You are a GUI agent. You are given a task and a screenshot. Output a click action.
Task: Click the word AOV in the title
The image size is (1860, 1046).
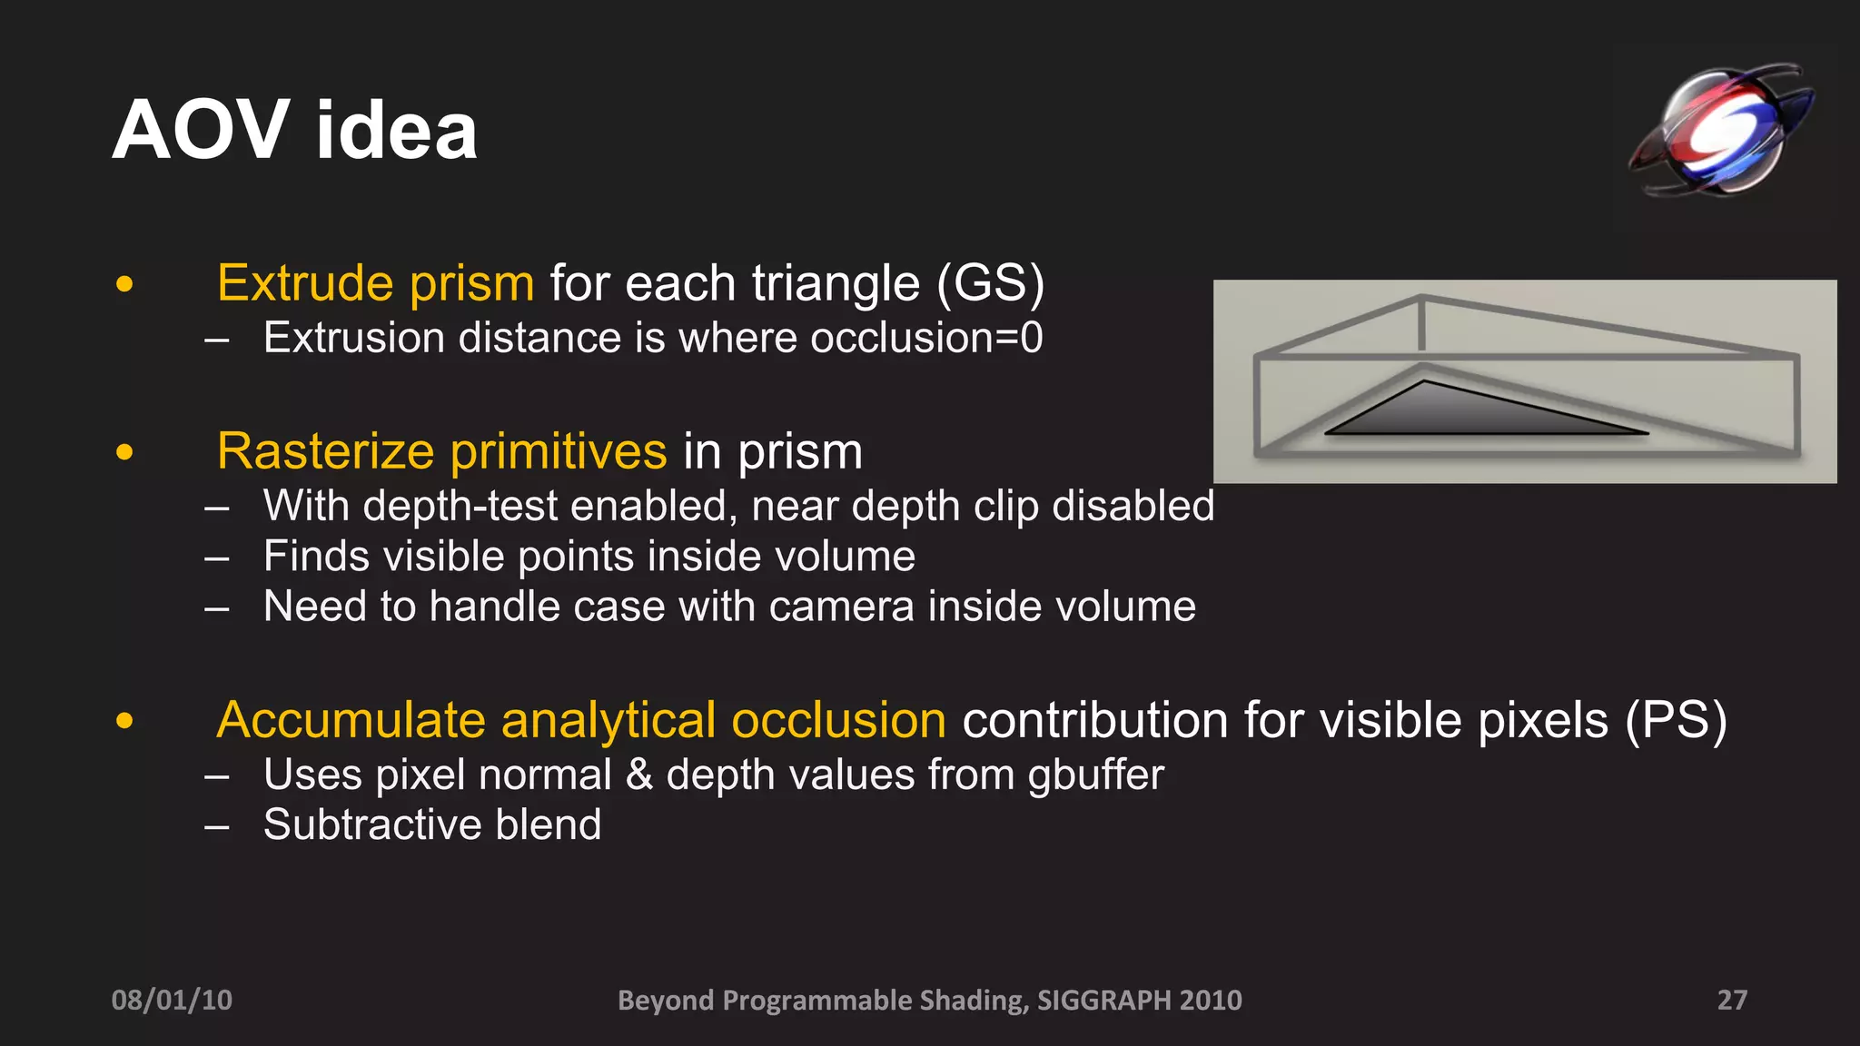(x=201, y=132)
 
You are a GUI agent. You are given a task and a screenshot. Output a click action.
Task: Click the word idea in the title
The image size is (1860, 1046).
(x=396, y=132)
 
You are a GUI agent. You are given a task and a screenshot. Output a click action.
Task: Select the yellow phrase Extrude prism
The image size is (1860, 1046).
(x=375, y=283)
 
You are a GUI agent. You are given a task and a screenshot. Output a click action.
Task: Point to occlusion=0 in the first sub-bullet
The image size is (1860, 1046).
(x=925, y=339)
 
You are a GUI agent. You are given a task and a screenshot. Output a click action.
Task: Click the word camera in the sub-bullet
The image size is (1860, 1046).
(x=841, y=607)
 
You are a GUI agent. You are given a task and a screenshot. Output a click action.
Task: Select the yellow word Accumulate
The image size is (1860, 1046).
(x=351, y=721)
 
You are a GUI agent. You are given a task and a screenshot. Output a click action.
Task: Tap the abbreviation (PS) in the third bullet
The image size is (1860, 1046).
(x=1676, y=721)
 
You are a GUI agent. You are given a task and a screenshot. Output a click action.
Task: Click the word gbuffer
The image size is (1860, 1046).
(x=1095, y=775)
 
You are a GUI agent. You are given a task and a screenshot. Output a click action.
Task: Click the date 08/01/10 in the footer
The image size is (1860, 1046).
(x=172, y=1000)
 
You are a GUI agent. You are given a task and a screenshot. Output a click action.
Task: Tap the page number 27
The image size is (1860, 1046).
(x=1732, y=1000)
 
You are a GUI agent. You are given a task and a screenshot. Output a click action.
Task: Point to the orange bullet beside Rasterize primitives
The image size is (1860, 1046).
(x=125, y=452)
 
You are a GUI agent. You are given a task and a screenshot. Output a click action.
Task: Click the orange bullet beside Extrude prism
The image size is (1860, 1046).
(x=125, y=284)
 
